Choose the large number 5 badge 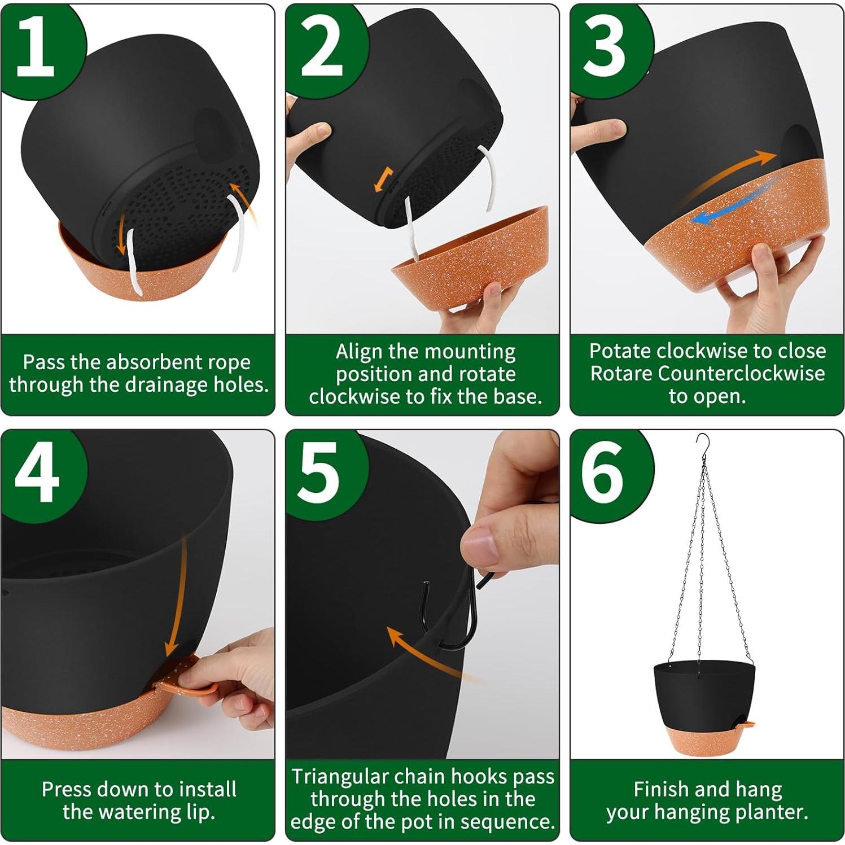point(322,474)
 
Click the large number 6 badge point(605,474)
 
